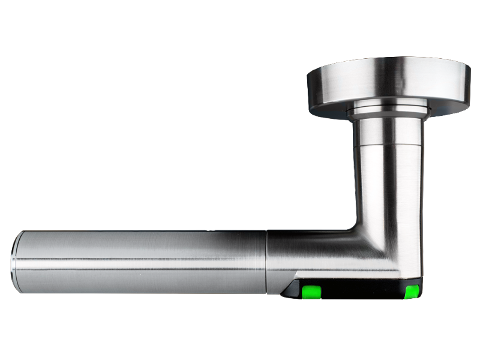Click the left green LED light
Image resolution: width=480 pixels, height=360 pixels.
(311, 292)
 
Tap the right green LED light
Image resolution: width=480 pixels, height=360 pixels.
(412, 292)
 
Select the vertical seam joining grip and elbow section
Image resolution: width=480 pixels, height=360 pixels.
(266, 261)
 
